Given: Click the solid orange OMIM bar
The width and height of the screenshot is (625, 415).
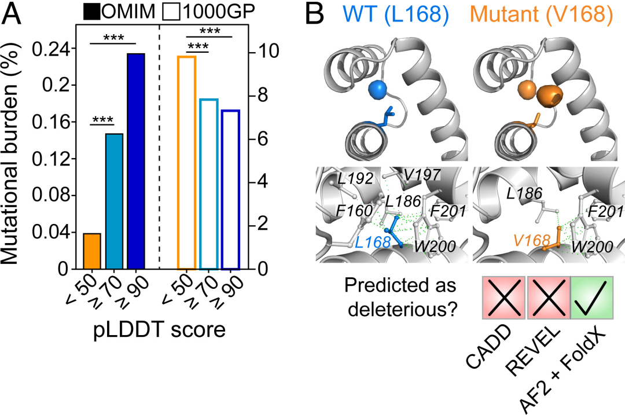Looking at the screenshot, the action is (x=92, y=251).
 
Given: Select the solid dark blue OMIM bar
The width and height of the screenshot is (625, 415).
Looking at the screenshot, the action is (x=136, y=161).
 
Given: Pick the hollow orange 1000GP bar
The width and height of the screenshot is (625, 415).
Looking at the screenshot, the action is (x=186, y=163).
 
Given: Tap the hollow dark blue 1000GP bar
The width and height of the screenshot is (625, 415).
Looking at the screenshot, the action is (x=230, y=189).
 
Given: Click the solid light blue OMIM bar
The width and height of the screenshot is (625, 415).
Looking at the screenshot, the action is (x=114, y=201).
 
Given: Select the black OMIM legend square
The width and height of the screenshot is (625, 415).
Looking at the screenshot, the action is (x=91, y=12).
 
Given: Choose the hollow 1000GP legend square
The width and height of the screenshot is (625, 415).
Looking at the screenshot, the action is (x=172, y=12).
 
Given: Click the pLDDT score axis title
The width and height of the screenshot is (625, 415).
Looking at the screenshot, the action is (x=160, y=330).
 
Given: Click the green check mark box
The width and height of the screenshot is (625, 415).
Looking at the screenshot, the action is (x=591, y=298).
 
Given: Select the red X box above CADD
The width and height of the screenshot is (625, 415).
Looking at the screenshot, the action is (x=504, y=298).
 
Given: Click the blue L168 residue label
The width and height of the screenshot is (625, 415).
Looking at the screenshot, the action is (x=373, y=242).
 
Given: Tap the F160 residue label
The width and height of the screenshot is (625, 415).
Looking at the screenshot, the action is (x=354, y=211).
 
